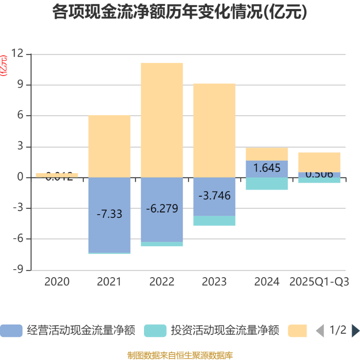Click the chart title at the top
[x=180, y=12]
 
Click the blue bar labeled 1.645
[x=267, y=168]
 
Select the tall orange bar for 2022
[x=162, y=120]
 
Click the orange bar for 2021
[x=109, y=146]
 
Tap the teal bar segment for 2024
[x=267, y=184]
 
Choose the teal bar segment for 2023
[x=214, y=220]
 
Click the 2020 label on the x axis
[x=57, y=282]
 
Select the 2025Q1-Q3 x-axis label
[x=319, y=282]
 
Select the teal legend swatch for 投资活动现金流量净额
[x=155, y=331]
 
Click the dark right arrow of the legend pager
[x=355, y=331]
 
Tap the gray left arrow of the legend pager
[x=320, y=331]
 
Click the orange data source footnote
[x=180, y=355]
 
